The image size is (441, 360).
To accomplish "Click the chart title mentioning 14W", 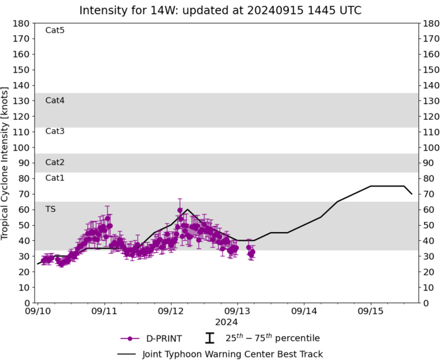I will tap(220, 10).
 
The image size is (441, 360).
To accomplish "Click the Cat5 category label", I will tap(55, 30).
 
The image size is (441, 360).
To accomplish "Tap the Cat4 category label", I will tap(55, 100).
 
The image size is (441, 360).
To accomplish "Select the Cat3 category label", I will tap(55, 131).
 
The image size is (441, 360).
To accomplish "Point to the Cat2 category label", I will tap(55, 162).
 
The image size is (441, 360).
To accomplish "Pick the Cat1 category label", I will tap(55, 178).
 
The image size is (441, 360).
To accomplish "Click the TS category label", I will tap(50, 209).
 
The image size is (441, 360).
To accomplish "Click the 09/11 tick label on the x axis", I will tap(104, 311).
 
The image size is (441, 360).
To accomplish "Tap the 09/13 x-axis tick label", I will tap(237, 311).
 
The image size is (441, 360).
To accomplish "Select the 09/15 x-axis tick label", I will tap(370, 311).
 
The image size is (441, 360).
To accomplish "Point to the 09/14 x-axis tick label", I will tap(304, 311).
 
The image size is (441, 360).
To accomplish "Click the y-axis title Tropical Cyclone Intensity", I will tap(6, 163).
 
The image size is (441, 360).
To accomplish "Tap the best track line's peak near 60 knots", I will tap(187, 209).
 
